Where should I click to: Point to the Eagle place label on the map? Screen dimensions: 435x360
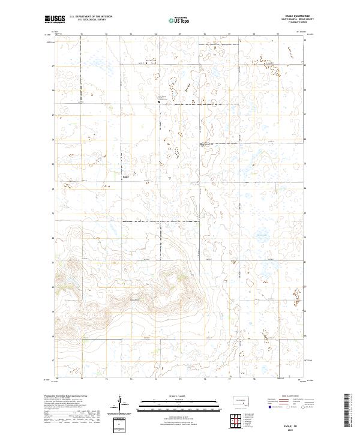(126, 176)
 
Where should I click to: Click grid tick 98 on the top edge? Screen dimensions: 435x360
(254, 34)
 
